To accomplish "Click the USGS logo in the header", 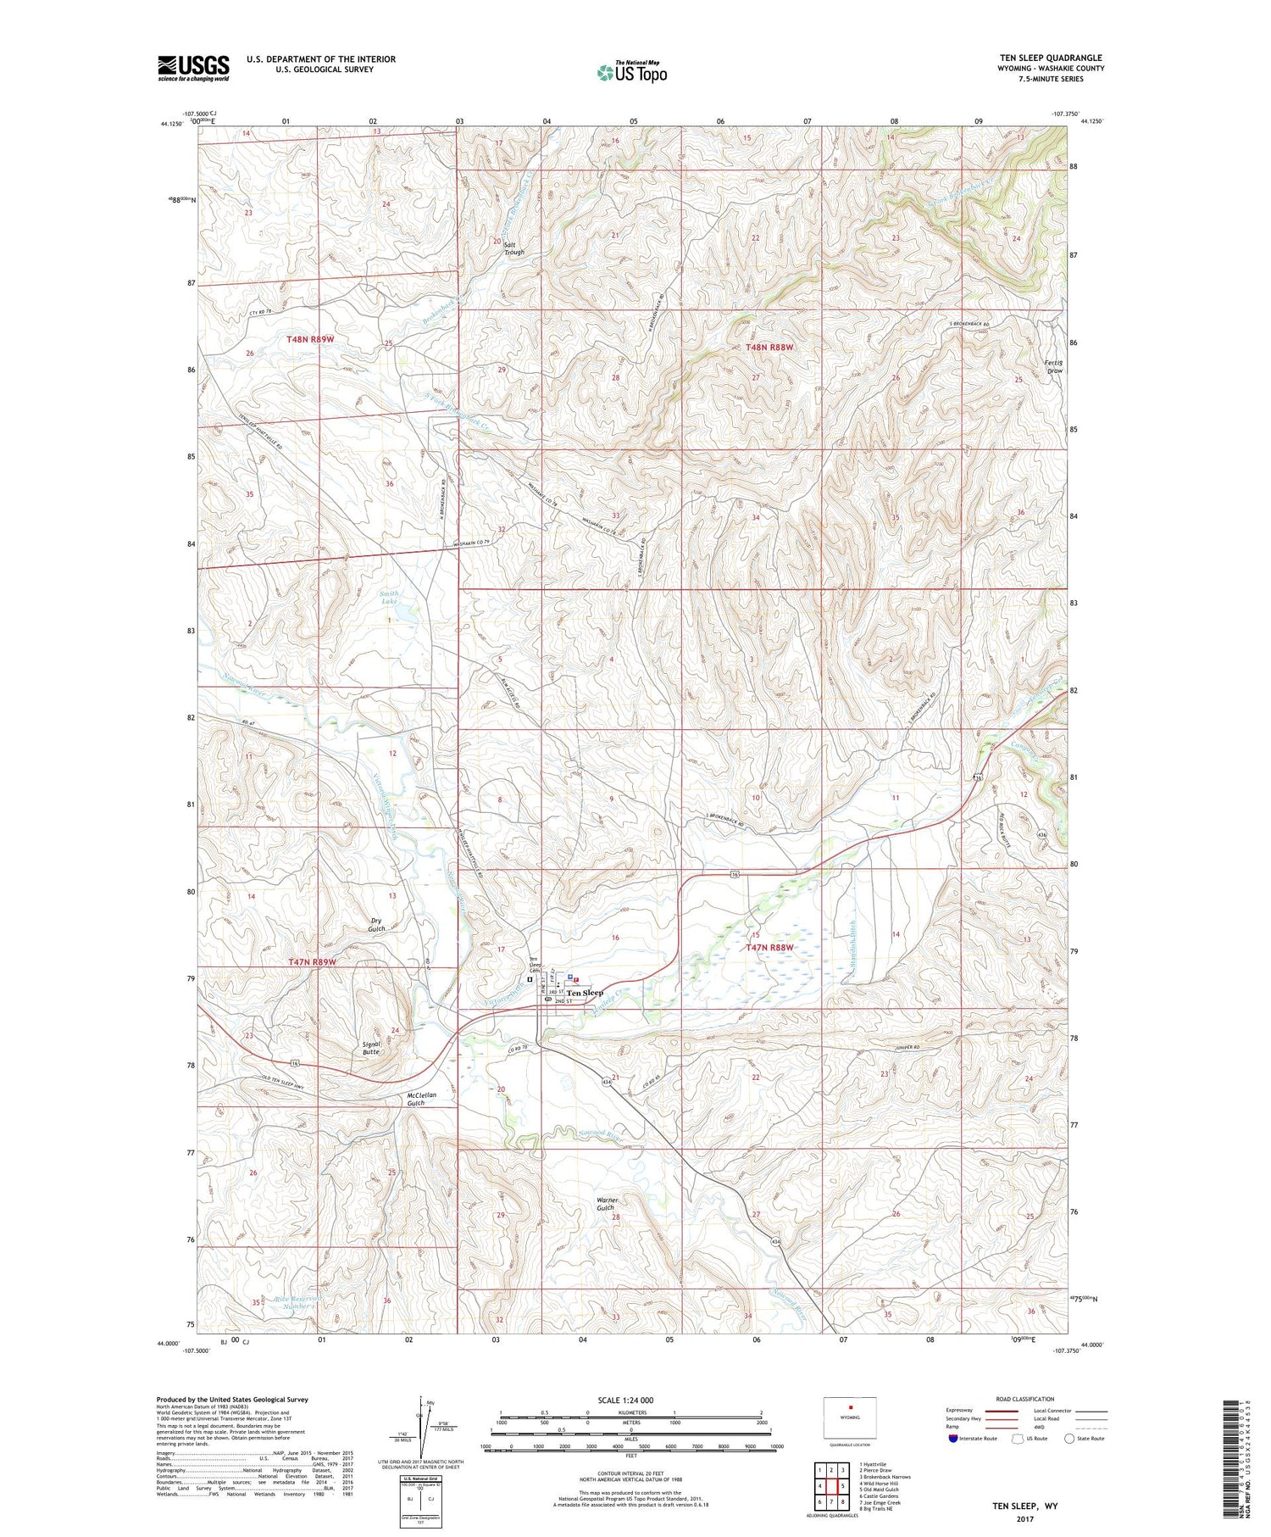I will (x=193, y=68).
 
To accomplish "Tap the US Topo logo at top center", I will (x=632, y=72).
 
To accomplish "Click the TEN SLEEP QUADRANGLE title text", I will (x=1051, y=58).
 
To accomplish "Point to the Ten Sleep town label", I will (x=585, y=993).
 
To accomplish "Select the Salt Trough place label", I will (x=514, y=248).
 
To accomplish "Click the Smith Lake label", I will (x=389, y=598).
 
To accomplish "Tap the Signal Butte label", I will (x=370, y=1048).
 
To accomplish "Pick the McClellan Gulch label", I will (x=421, y=1099).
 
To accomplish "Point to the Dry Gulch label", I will (x=377, y=924).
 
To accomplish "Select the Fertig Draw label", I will (x=1054, y=366).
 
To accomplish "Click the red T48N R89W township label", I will (x=310, y=339).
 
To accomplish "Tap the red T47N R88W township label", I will (x=769, y=947).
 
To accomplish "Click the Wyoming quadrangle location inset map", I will (x=849, y=1417).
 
